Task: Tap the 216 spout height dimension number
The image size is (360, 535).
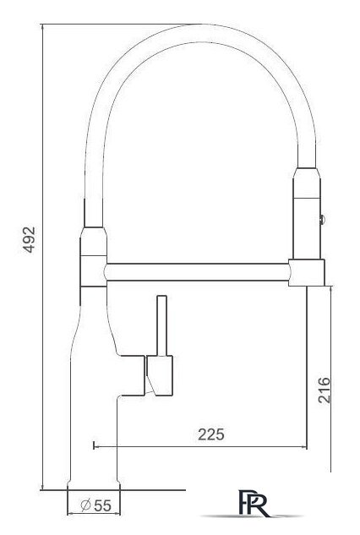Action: (x=325, y=389)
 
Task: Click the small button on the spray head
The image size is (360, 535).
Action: (x=321, y=219)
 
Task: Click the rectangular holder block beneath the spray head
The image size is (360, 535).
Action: (x=307, y=271)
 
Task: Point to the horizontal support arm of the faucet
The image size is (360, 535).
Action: (x=199, y=272)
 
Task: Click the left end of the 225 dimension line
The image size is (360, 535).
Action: (x=92, y=445)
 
